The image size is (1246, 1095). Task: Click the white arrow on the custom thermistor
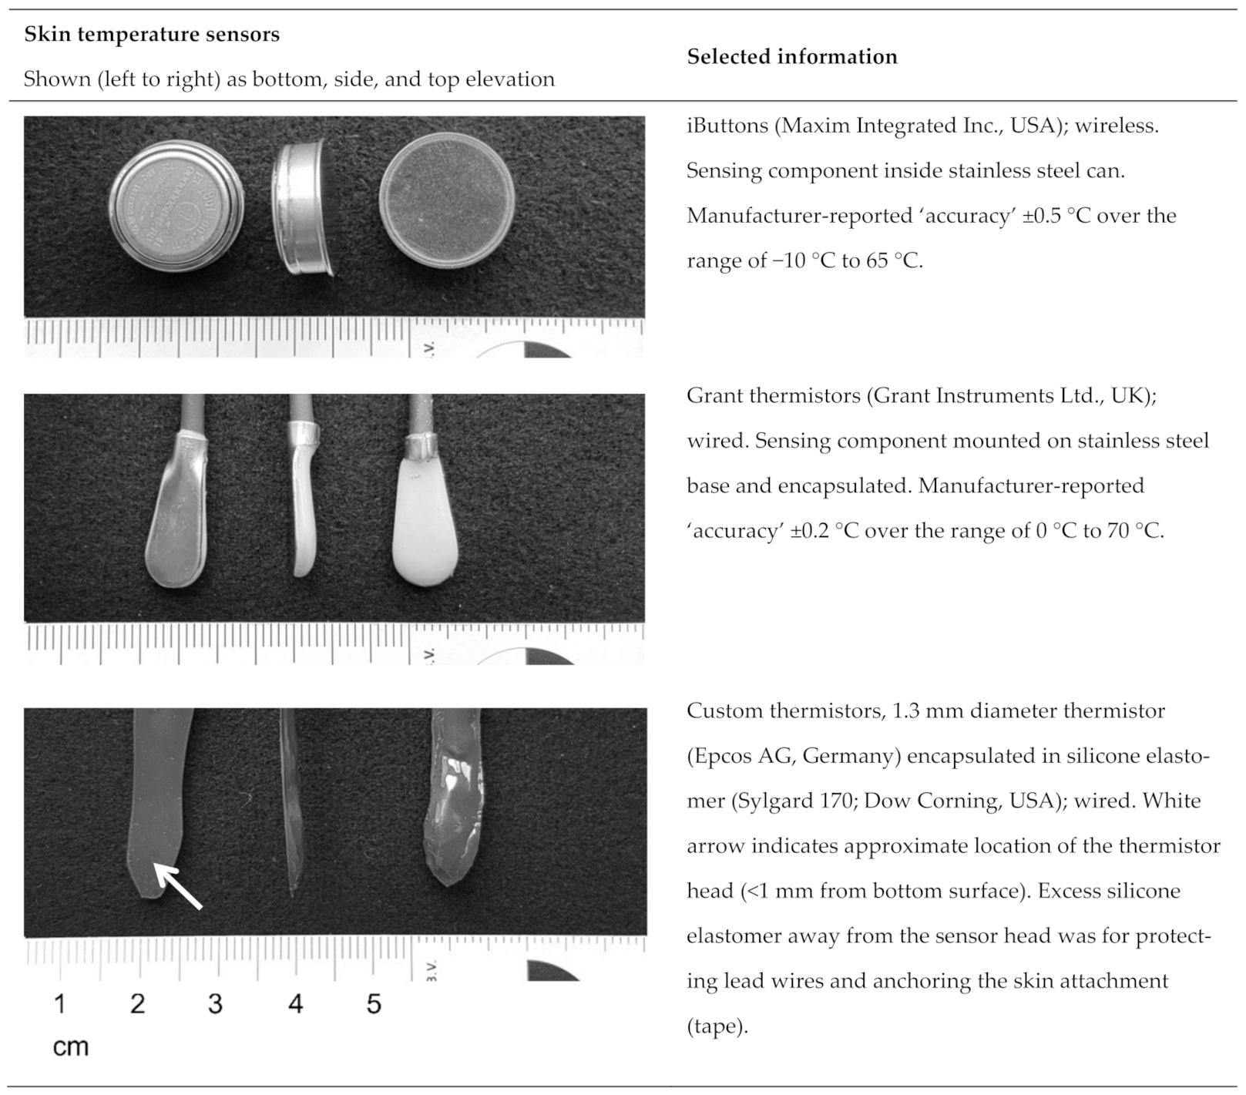point(179,886)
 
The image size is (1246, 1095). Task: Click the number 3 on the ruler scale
point(215,1003)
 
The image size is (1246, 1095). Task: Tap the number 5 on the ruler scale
point(374,1003)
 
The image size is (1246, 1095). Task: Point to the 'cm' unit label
point(70,1046)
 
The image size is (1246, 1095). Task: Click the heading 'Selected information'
point(791,56)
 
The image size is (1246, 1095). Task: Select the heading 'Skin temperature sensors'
point(152,35)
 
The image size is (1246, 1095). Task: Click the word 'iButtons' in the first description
point(727,126)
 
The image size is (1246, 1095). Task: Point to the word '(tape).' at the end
point(717,1026)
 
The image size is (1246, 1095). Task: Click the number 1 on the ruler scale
point(60,1003)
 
